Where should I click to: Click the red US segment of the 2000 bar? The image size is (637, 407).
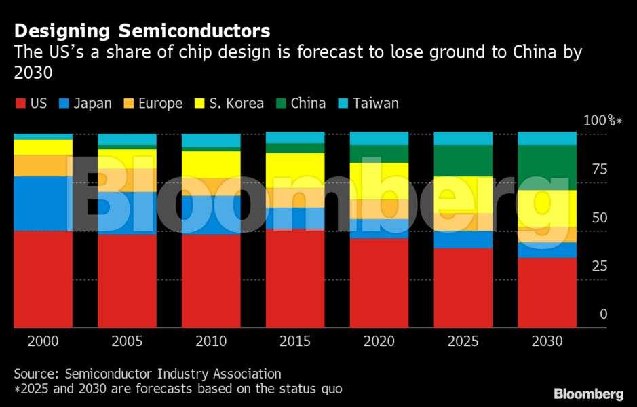click(43, 279)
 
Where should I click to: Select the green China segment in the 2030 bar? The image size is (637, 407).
click(547, 167)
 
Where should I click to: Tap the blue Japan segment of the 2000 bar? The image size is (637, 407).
click(43, 203)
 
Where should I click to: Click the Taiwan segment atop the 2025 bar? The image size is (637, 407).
click(463, 138)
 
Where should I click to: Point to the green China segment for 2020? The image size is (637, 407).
click(379, 153)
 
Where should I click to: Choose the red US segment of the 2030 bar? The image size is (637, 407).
click(547, 292)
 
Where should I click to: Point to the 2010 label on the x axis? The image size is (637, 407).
click(211, 341)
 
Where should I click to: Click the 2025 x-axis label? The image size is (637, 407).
click(463, 341)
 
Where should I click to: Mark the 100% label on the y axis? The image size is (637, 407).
click(602, 121)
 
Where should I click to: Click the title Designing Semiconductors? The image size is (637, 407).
click(142, 31)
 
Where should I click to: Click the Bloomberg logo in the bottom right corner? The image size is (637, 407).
click(588, 393)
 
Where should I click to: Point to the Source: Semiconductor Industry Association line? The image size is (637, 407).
click(147, 374)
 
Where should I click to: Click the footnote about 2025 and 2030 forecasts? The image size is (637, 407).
click(178, 389)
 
